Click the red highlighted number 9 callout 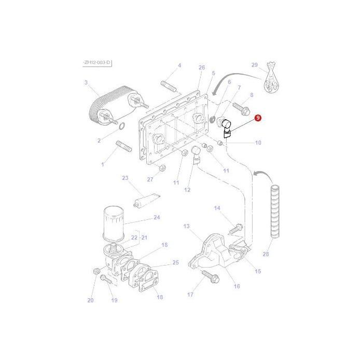[258, 119]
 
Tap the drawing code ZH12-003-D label [97, 63]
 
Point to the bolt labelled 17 [208, 276]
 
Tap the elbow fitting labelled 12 [196, 154]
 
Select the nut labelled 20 [95, 271]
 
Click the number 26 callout [202, 67]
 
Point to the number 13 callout [187, 226]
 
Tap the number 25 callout [175, 263]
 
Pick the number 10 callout [258, 143]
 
